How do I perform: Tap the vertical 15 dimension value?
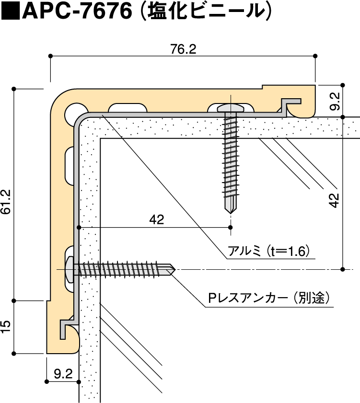6,327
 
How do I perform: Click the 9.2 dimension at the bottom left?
63,373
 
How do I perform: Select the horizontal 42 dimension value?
157,219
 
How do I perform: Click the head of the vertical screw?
231,107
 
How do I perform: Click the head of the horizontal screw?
70,269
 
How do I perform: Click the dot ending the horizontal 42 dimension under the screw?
231,227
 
